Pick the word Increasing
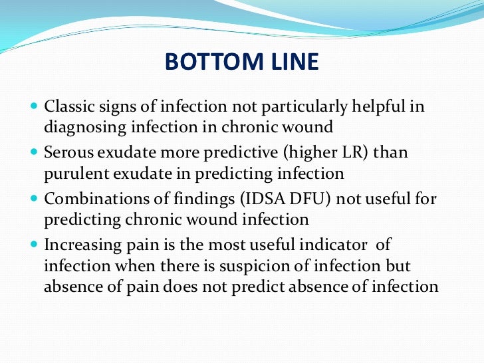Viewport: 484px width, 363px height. point(78,245)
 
